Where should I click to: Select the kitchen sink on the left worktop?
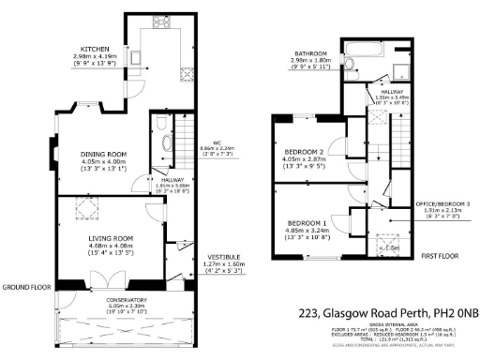[136, 58]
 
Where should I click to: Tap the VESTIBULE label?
[222, 256]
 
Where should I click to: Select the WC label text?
[217, 142]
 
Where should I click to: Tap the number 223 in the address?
[309, 313]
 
